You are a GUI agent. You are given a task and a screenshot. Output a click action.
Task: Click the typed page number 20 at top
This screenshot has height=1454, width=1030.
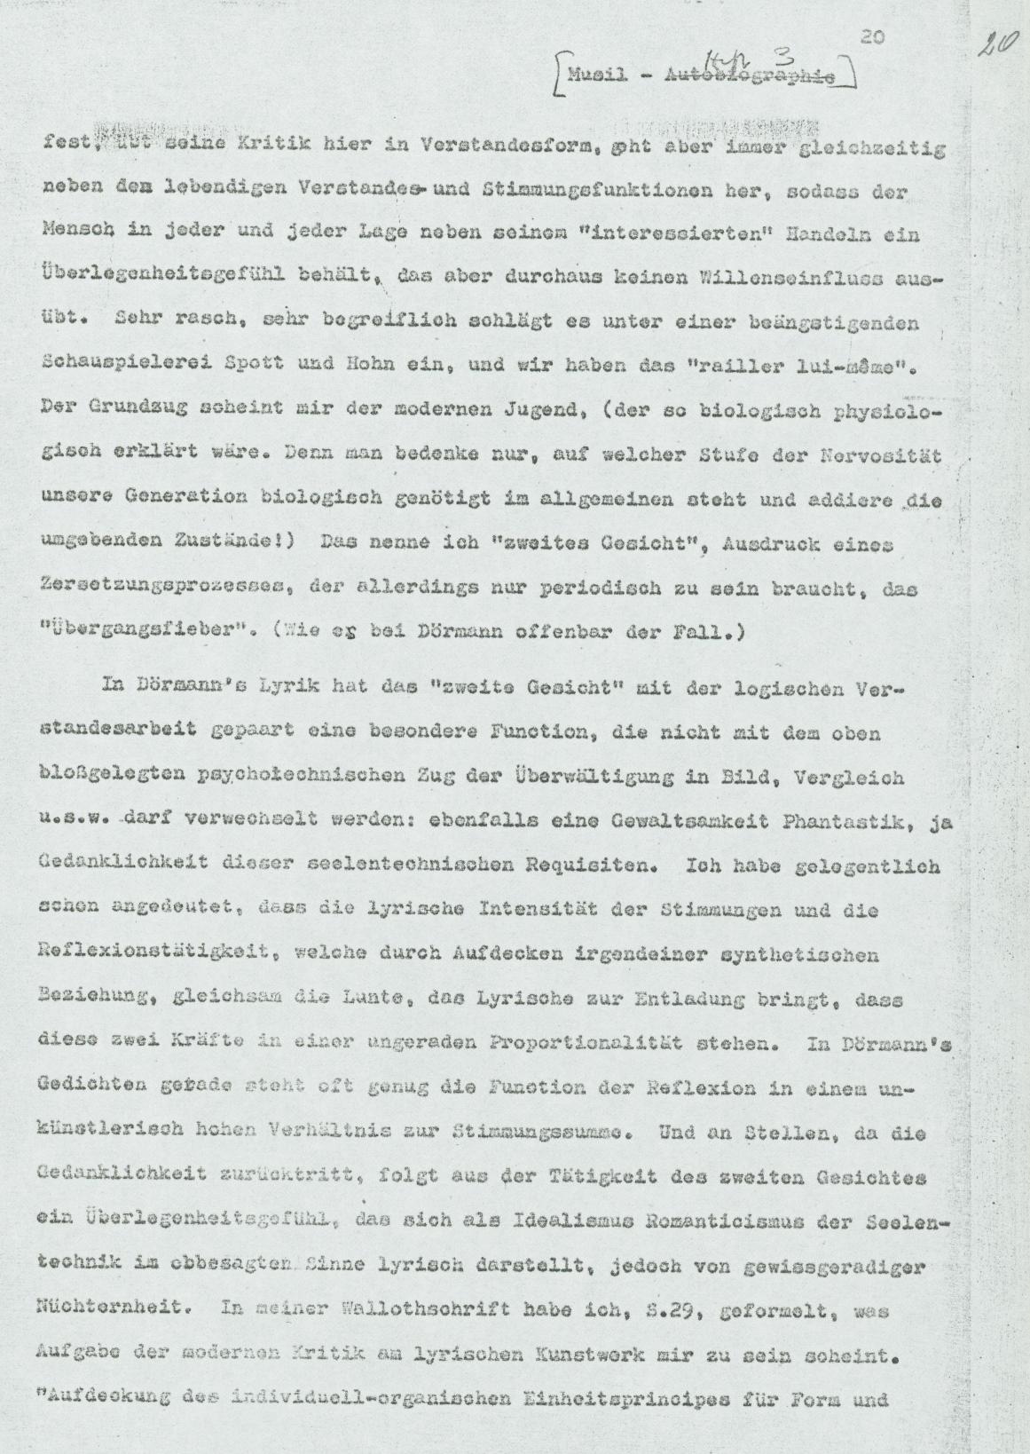[x=872, y=36]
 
